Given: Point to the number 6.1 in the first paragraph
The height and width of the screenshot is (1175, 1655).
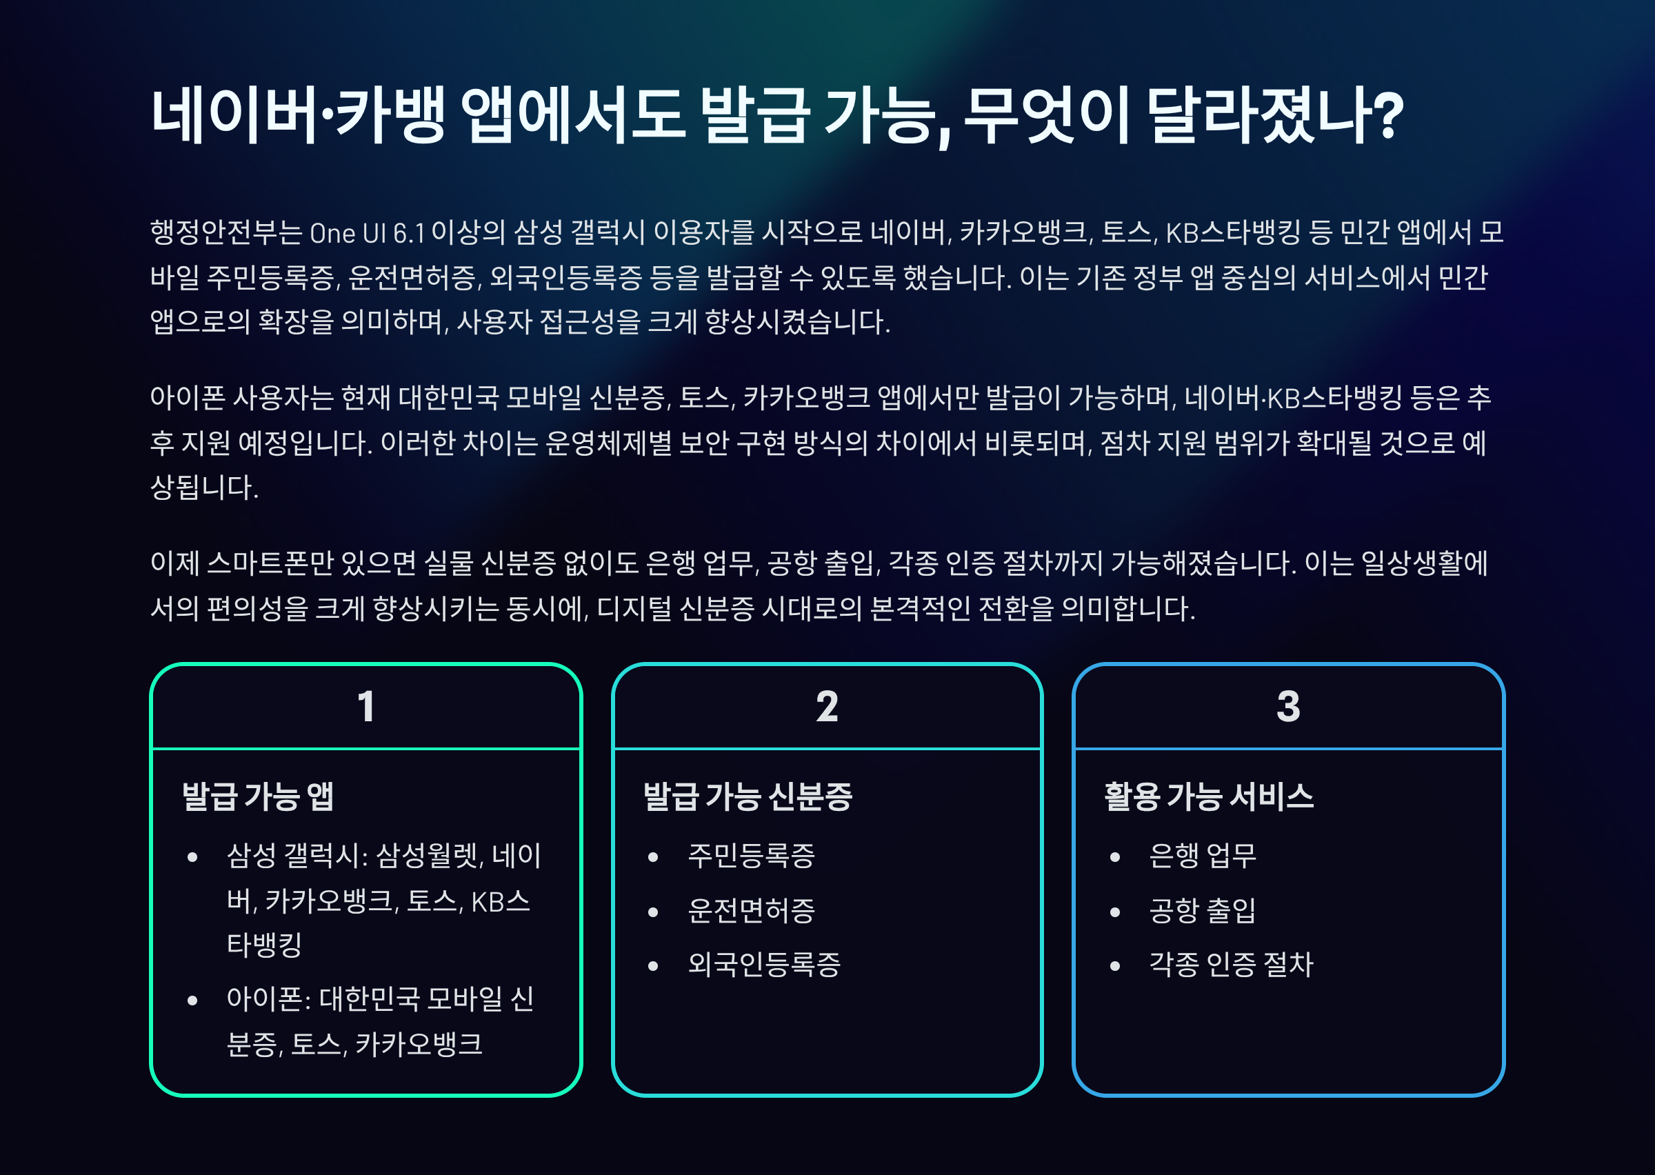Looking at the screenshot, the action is (408, 234).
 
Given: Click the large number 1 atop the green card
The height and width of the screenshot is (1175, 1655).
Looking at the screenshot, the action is (366, 707).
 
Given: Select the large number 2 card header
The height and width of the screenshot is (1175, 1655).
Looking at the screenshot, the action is (827, 707).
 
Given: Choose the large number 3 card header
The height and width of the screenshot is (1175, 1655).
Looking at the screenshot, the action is (1288, 707).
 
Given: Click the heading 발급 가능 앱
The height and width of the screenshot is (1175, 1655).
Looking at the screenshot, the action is (258, 796).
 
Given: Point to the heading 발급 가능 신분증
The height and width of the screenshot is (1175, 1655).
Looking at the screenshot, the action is (748, 796).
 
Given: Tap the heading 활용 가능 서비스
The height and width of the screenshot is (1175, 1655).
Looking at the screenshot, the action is (1209, 796).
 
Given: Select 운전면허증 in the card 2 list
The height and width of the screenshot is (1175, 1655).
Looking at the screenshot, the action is (751, 911).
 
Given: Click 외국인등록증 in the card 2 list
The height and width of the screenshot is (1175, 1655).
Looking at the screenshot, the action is (764, 965).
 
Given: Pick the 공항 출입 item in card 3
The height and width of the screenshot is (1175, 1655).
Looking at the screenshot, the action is (1202, 911).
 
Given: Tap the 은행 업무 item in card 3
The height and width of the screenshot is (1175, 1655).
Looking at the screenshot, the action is (1202, 856).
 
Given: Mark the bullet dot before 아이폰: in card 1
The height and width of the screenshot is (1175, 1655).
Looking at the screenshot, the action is (192, 1001).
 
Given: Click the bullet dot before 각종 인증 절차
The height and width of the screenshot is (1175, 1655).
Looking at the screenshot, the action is (1114, 966).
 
